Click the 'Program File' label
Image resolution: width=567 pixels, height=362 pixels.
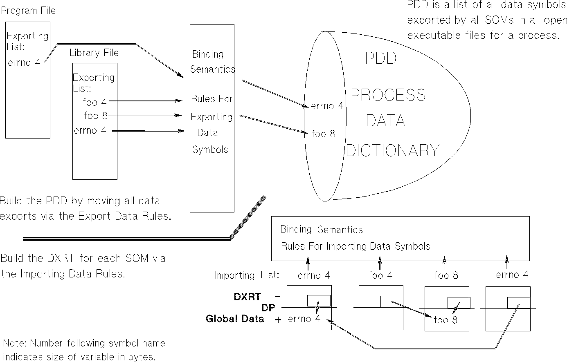[x=28, y=11]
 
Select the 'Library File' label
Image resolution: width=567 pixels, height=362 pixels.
[x=94, y=53]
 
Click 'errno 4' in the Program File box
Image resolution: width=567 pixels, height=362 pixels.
[x=24, y=63]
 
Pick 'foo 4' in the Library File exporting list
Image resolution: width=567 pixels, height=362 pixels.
[x=94, y=102]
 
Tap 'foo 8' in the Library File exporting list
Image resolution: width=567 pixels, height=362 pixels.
[x=95, y=116]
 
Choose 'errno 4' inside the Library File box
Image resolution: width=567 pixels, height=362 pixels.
[x=90, y=131]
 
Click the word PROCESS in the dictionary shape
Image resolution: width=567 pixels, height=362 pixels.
[x=388, y=95]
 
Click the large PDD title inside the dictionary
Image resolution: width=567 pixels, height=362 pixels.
[x=380, y=59]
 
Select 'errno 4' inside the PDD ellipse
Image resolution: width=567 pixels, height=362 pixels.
[x=327, y=106]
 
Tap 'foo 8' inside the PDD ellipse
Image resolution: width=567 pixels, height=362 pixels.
[x=323, y=134]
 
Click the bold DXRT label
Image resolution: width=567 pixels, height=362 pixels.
[x=247, y=297]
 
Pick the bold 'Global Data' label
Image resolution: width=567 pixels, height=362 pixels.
[x=235, y=319]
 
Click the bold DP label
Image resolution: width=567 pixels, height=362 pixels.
[x=268, y=308]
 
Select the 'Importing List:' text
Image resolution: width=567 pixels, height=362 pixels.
[x=247, y=275]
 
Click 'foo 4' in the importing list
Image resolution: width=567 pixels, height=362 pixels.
[x=380, y=275]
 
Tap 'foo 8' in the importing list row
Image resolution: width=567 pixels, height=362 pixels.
[x=446, y=275]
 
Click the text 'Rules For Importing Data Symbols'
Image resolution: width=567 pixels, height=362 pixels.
[x=355, y=246]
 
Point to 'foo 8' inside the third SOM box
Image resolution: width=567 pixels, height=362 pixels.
[x=445, y=320]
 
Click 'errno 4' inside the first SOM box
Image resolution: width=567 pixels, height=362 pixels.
[x=304, y=319]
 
